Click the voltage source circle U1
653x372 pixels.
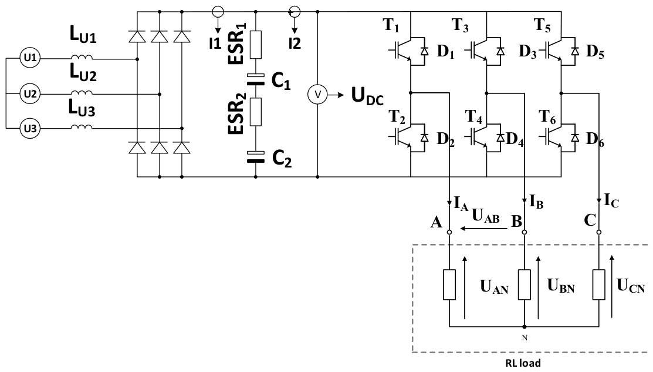point(30,58)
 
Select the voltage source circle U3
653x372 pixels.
point(30,129)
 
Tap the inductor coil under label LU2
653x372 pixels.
point(81,93)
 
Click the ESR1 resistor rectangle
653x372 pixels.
point(256,44)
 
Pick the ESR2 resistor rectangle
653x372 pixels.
point(256,112)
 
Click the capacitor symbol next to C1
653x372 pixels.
point(256,80)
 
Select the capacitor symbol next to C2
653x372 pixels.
point(256,157)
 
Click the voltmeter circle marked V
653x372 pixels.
point(318,95)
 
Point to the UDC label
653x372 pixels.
point(367,96)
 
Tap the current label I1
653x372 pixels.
point(215,43)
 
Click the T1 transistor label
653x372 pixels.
point(391,25)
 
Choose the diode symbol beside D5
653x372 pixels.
point(575,51)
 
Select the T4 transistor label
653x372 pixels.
point(473,117)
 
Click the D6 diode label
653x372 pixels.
point(595,140)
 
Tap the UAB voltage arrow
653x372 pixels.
point(483,229)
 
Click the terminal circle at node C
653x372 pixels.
point(599,232)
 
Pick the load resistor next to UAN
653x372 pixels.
point(449,284)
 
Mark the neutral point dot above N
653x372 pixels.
point(525,327)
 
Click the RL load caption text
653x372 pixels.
point(523,363)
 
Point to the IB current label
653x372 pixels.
point(536,202)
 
